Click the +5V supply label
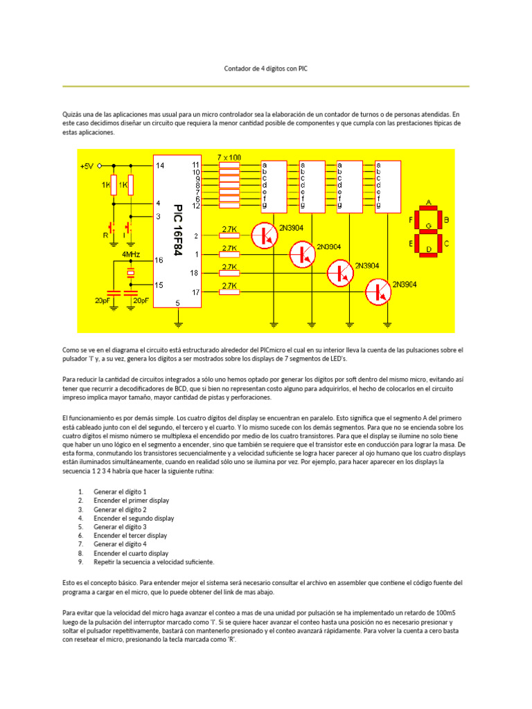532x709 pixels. pyautogui.click(x=86, y=166)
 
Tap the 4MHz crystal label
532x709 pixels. pyautogui.click(x=131, y=255)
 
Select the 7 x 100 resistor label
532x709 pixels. pyautogui.click(x=229, y=158)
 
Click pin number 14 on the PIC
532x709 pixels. pyautogui.click(x=160, y=166)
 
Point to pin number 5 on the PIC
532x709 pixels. pyautogui.click(x=178, y=303)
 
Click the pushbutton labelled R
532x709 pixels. pyautogui.click(x=110, y=227)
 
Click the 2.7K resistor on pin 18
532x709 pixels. pyautogui.click(x=229, y=273)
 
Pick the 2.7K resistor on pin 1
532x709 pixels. pyautogui.click(x=229, y=255)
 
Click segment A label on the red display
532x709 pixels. pyautogui.click(x=428, y=202)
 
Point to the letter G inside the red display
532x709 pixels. pyautogui.click(x=428, y=226)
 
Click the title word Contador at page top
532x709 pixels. pyautogui.click(x=238, y=69)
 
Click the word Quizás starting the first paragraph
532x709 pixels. pyautogui.click(x=73, y=114)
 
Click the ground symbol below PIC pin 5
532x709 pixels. pyautogui.click(x=178, y=322)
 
